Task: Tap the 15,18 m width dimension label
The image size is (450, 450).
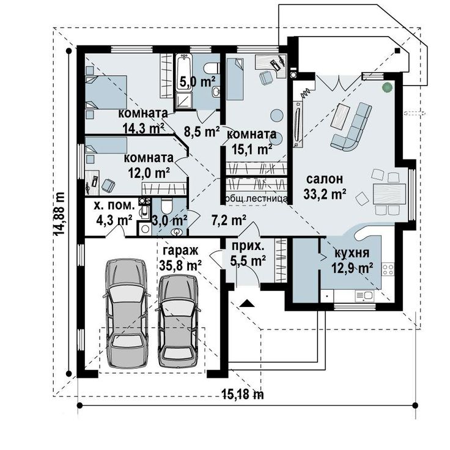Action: [243, 395]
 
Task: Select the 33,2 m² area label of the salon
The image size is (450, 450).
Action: [325, 194]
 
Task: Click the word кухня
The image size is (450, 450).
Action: [352, 253]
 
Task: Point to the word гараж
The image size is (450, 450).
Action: [180, 251]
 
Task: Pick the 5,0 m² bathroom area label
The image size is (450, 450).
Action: [197, 82]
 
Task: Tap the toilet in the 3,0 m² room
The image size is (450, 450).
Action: [166, 206]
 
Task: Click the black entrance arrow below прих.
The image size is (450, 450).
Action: [247, 303]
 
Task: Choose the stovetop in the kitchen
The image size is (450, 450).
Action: [388, 270]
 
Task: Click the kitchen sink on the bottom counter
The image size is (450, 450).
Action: [364, 295]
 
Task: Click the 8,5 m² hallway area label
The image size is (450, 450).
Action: [202, 131]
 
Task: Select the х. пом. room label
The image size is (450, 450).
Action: [114, 206]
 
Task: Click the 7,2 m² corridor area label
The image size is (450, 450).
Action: [229, 220]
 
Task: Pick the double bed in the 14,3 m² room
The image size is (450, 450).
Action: [106, 92]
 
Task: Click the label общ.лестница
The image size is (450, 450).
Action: [256, 199]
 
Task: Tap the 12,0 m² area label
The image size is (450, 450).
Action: [149, 173]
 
